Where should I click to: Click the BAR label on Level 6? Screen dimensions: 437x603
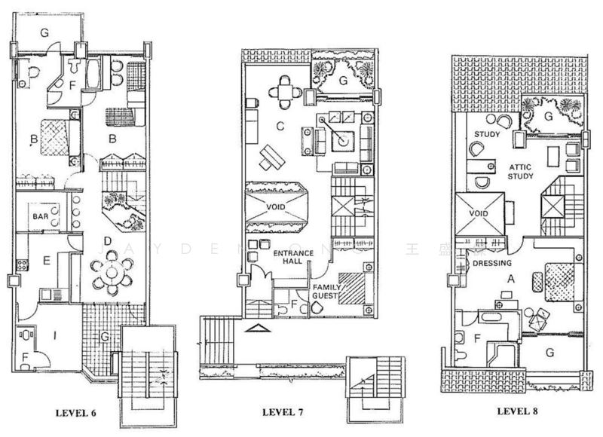[x=41, y=216]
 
